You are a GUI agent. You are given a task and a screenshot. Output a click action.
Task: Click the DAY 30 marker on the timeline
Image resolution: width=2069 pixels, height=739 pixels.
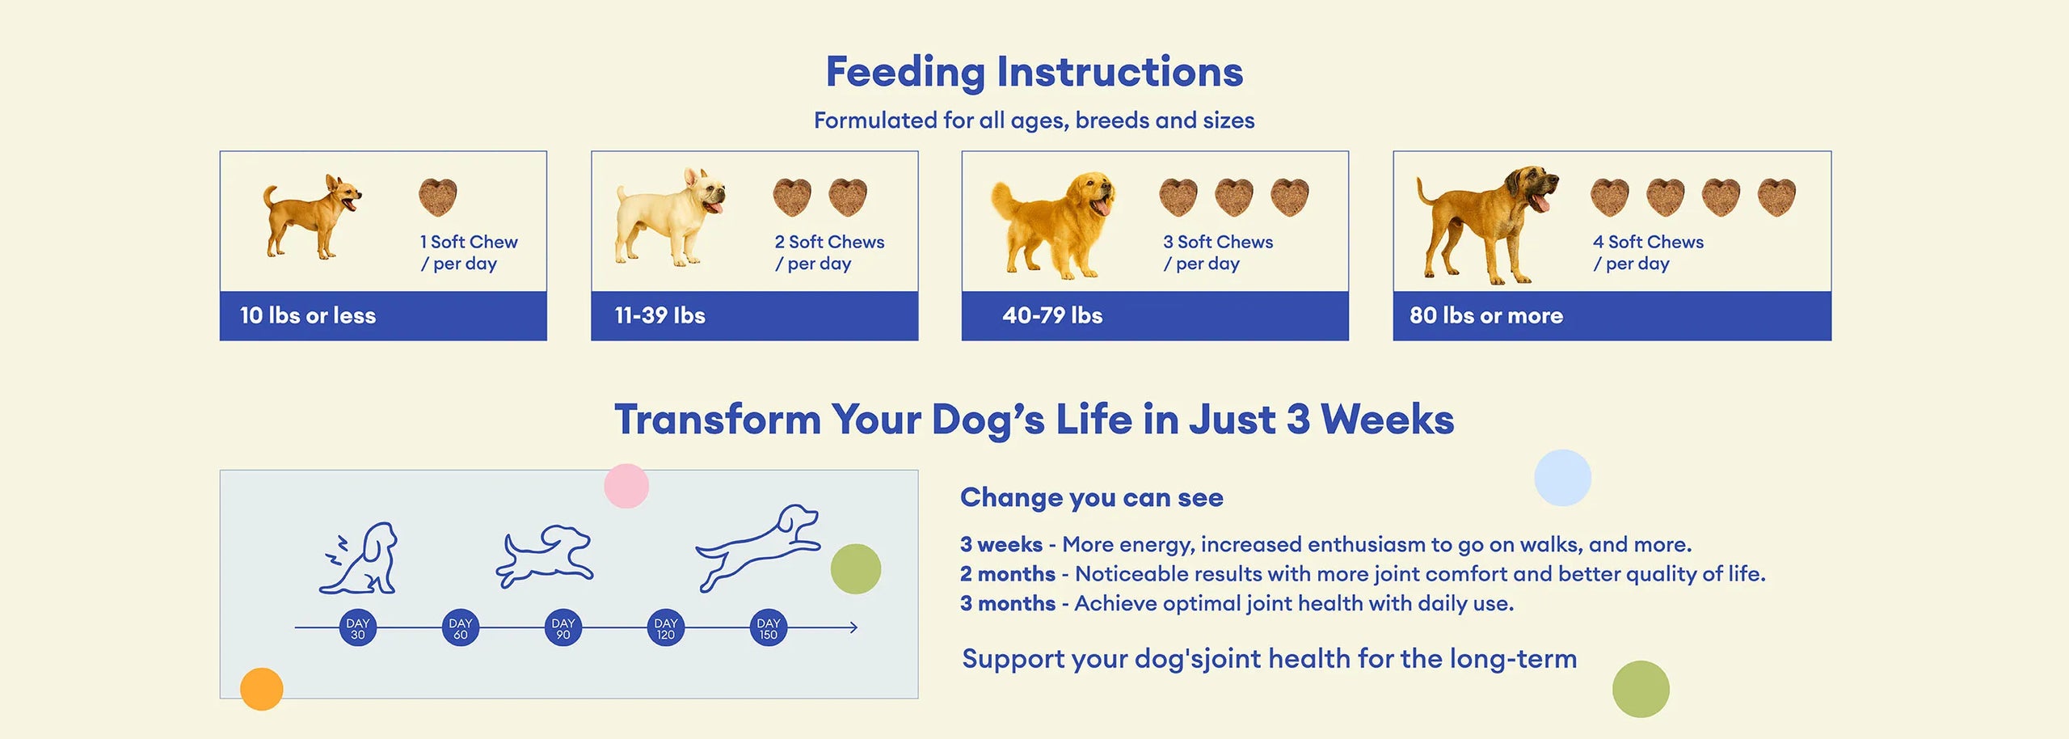click(357, 628)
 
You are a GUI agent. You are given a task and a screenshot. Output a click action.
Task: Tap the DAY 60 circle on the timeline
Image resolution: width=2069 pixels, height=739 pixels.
click(460, 628)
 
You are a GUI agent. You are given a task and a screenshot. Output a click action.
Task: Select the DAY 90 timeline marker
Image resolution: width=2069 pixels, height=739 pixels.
click(563, 628)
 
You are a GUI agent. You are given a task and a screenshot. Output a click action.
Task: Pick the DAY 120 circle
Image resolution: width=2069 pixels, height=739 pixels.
click(665, 628)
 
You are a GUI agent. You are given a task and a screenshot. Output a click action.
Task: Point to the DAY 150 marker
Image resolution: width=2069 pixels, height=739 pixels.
click(768, 628)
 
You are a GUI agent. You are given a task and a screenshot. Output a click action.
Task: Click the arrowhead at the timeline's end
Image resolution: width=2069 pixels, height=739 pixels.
click(853, 627)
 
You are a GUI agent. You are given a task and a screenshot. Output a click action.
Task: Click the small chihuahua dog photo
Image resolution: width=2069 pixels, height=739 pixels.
click(311, 217)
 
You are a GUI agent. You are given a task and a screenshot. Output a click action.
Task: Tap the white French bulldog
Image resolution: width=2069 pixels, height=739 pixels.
click(669, 217)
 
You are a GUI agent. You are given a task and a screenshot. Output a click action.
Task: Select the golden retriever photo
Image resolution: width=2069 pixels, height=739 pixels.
click(1053, 226)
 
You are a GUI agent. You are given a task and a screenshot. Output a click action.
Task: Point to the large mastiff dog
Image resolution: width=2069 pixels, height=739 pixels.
click(1485, 225)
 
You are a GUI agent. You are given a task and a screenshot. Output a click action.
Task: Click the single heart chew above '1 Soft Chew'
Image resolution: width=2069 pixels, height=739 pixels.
click(438, 197)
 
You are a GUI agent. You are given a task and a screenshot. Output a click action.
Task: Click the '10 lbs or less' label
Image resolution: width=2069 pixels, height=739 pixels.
click(308, 315)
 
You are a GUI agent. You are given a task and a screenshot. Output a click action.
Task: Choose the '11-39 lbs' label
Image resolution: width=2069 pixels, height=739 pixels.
click(659, 315)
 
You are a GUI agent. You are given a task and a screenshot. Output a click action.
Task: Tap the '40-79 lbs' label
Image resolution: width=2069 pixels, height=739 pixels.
click(1052, 315)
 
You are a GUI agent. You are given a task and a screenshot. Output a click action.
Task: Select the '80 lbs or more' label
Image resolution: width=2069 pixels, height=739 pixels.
click(1486, 315)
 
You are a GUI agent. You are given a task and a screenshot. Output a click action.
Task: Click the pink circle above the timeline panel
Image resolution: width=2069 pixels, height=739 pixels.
click(626, 486)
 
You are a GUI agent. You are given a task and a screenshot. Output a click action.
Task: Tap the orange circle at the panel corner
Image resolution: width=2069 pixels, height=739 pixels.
click(262, 689)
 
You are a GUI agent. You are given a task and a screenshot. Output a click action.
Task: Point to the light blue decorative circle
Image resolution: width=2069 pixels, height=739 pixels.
click(1562, 478)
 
